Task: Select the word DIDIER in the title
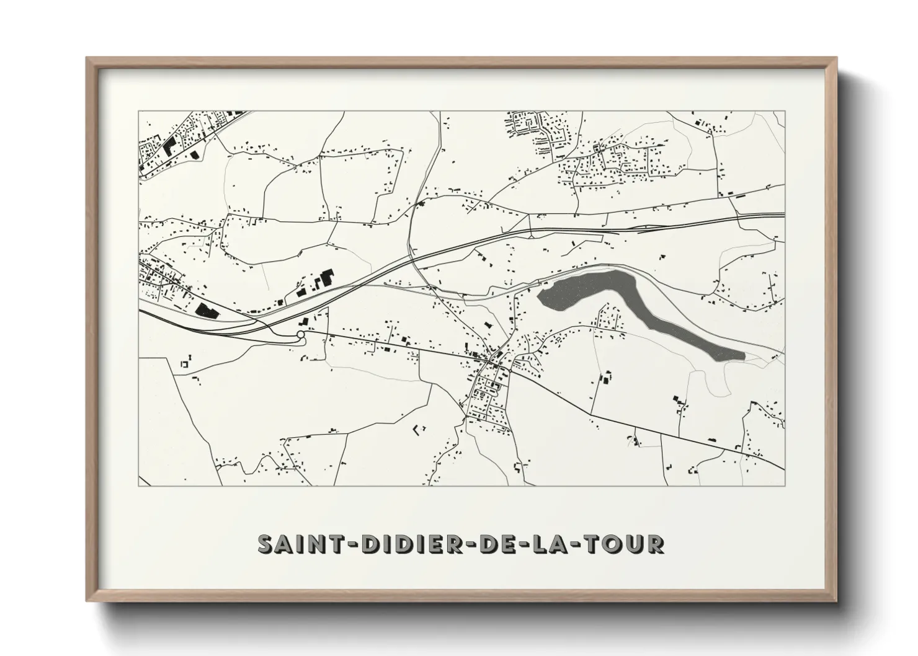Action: (412, 544)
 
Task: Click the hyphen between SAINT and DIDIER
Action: (351, 544)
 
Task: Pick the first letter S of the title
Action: (265, 544)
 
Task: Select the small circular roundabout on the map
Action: (301, 335)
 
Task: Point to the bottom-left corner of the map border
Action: (139, 485)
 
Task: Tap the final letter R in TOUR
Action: (656, 544)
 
